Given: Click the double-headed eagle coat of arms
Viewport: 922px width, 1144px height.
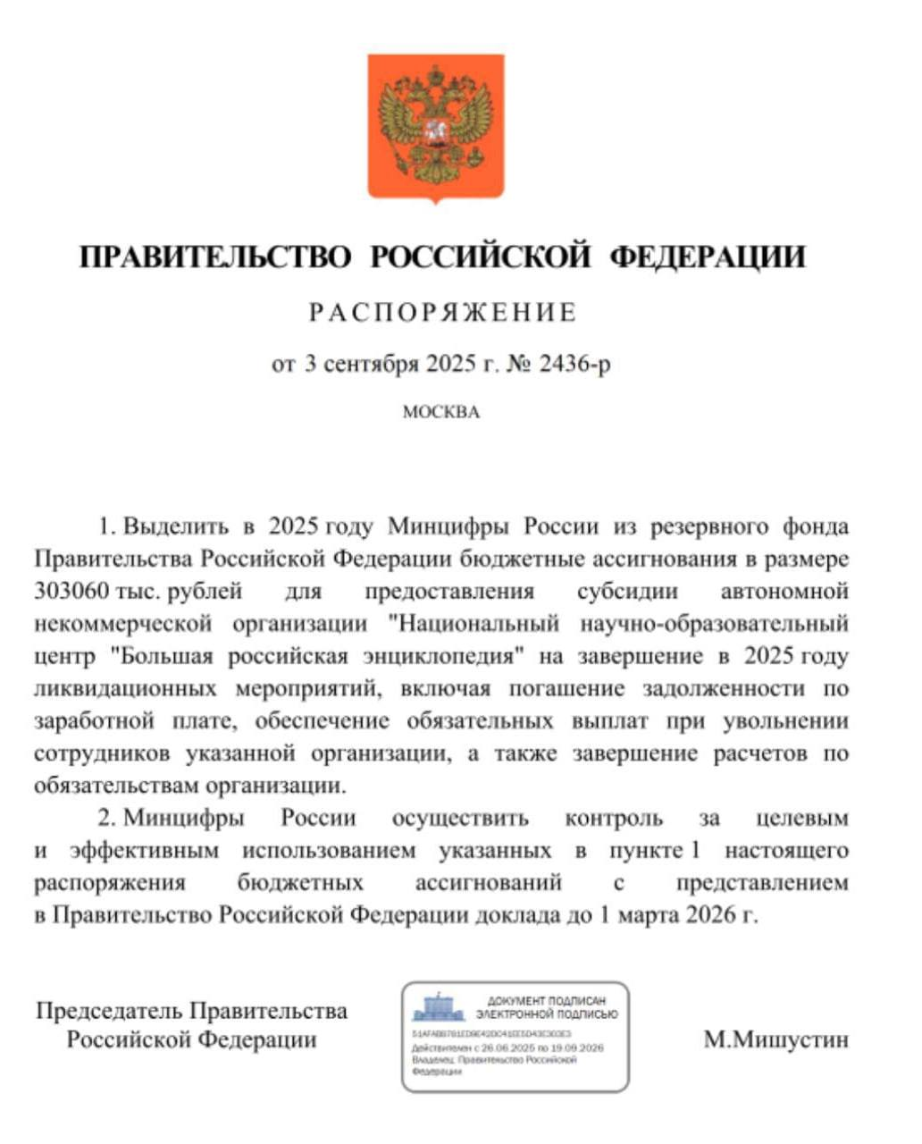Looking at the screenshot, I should coord(436,126).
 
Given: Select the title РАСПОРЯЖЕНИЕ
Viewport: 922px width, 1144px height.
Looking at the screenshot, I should coord(443,313).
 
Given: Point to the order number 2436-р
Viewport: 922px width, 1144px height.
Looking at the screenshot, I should coord(575,364).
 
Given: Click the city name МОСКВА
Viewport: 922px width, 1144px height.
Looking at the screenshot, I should coord(441,412).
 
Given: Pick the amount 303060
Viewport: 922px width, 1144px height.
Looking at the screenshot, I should coord(71,592).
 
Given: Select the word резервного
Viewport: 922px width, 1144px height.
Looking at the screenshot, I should coord(710,526).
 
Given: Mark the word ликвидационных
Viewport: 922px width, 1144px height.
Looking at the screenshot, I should coord(125,689).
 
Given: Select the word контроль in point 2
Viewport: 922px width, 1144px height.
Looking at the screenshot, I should coord(614,819).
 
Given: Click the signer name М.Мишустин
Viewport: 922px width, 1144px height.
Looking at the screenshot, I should coord(775,1039).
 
